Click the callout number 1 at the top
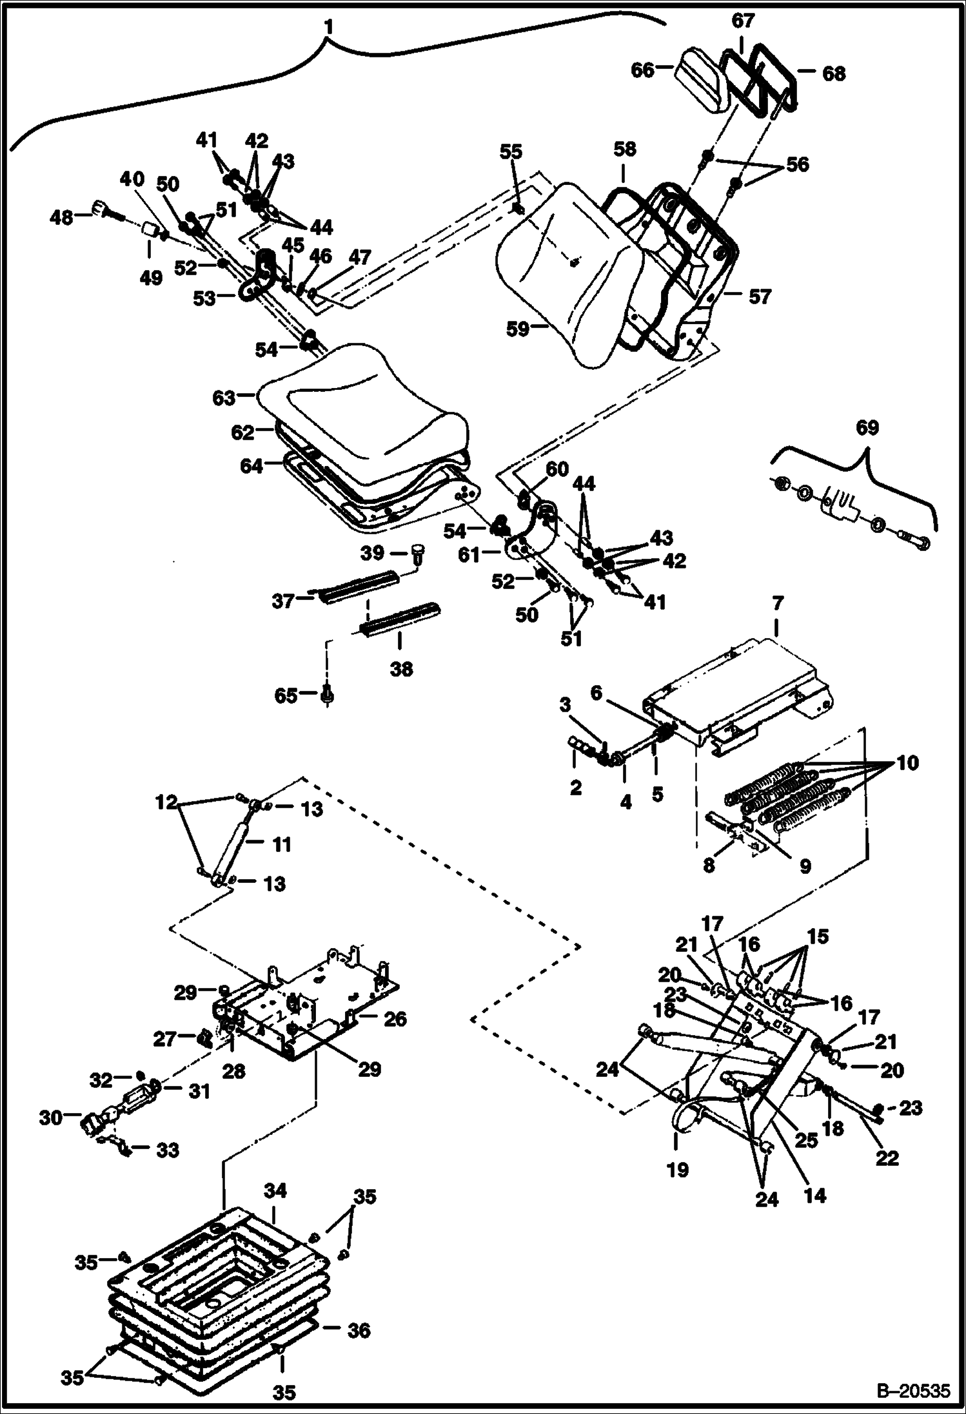329,27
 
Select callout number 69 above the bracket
868,427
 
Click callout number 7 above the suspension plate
777,604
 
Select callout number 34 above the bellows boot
274,1190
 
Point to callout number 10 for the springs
907,763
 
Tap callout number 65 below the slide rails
286,695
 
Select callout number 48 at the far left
62,218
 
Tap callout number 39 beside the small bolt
373,552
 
